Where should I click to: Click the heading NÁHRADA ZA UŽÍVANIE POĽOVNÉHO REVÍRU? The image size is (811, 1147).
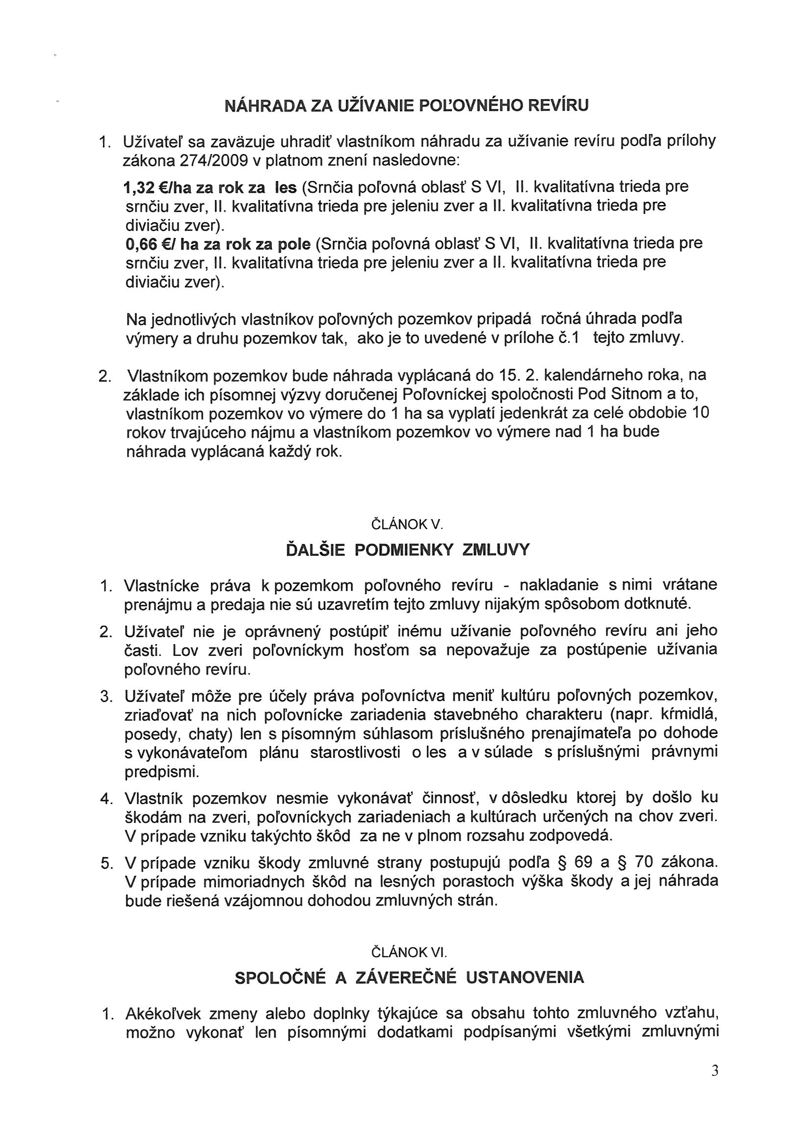tap(406, 106)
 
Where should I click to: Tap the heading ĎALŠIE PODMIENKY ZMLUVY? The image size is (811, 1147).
tap(407, 550)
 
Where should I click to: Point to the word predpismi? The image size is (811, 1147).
tap(161, 772)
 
